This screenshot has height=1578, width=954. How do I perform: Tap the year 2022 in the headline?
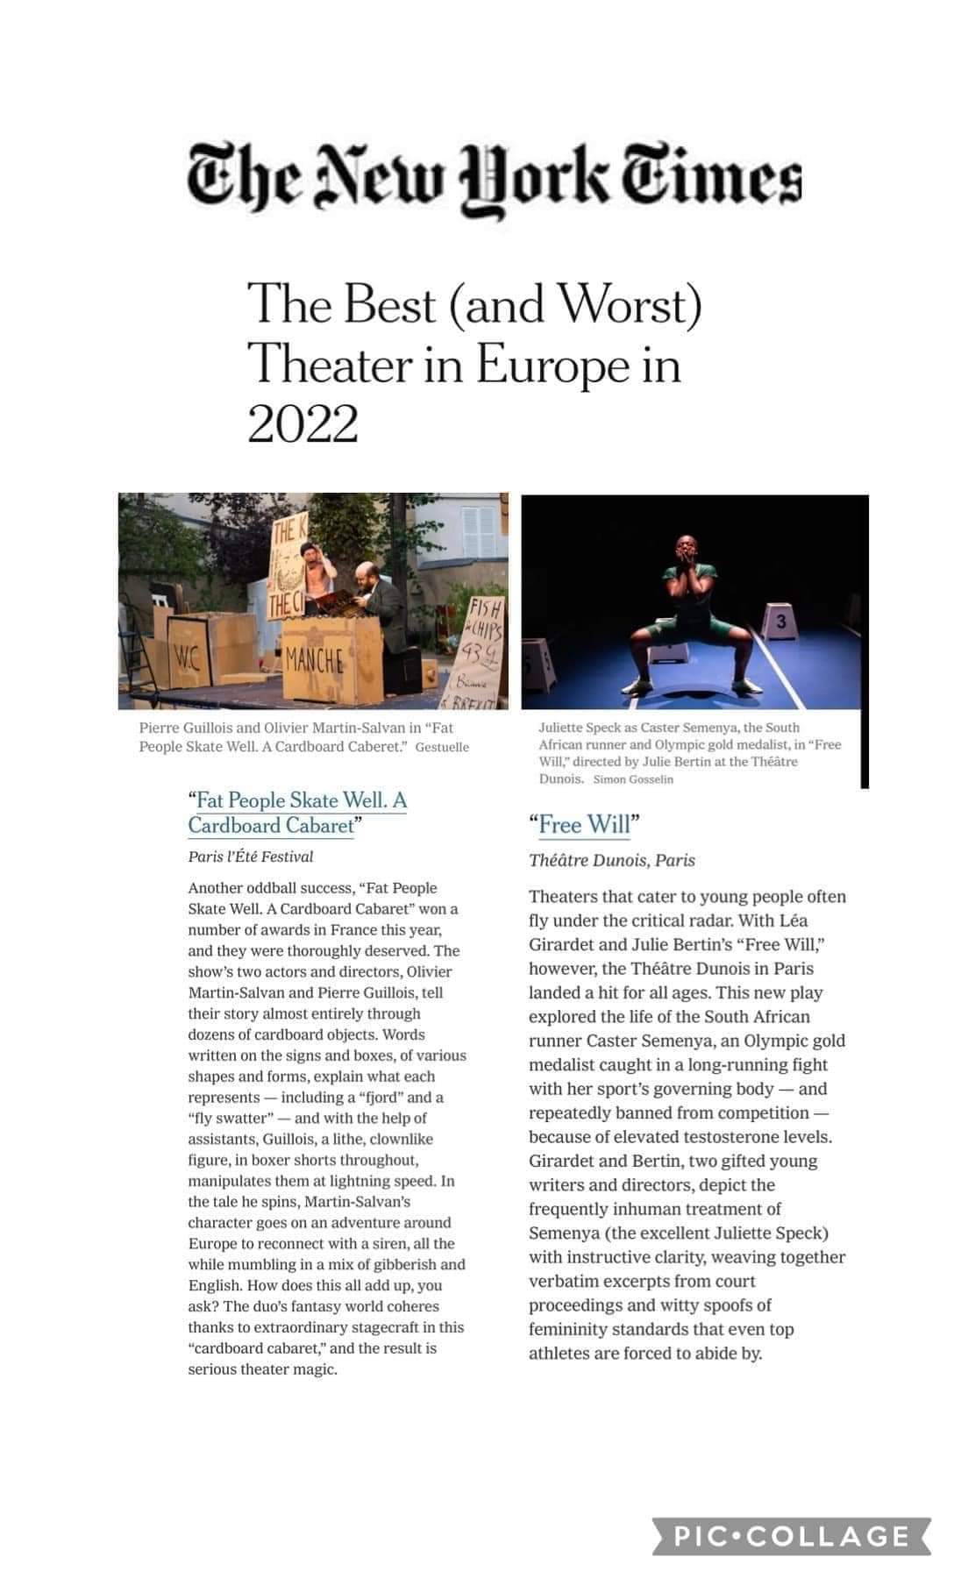coord(303,424)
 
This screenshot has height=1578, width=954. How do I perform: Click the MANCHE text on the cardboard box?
coord(314,659)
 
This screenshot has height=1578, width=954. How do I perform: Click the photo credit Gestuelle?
coord(442,748)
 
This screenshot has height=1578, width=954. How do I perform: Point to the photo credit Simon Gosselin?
coord(633,779)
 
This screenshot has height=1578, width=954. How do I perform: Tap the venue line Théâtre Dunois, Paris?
coord(611,861)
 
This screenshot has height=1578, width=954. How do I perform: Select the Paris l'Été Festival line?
coord(250,857)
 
